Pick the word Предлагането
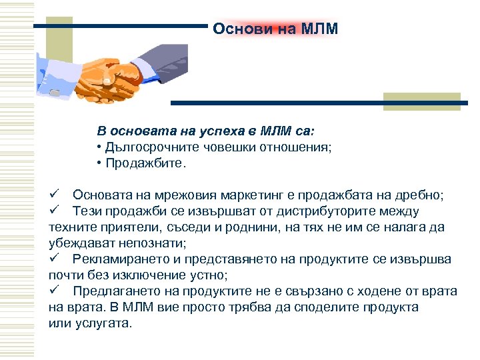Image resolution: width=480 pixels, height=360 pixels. coord(113,291)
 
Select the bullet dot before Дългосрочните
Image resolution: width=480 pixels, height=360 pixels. coord(99,147)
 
